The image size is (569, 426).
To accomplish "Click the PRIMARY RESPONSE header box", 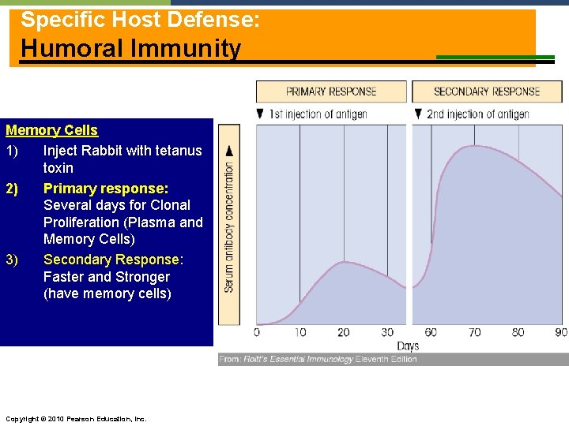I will click(x=330, y=92).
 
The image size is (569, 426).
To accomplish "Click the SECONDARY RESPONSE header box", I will click(x=486, y=92).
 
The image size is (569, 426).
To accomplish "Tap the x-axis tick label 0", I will click(x=257, y=332).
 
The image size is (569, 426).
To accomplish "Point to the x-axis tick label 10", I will click(x=300, y=332).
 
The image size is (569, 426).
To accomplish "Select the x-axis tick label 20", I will click(x=344, y=332).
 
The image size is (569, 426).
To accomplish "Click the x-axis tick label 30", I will click(x=387, y=332).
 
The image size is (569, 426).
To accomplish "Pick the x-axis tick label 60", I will click(x=431, y=332).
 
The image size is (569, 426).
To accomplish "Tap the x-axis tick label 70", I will click(x=474, y=332).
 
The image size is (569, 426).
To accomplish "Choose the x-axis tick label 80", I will click(x=518, y=332).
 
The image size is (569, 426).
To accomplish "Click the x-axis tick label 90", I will click(x=560, y=332).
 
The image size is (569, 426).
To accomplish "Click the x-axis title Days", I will click(x=408, y=346).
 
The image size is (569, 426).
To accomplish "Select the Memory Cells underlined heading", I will click(x=52, y=130).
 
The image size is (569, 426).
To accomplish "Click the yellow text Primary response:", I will click(x=106, y=188).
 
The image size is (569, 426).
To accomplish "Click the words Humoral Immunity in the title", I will click(x=131, y=48).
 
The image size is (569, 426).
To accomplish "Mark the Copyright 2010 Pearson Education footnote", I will click(x=75, y=418).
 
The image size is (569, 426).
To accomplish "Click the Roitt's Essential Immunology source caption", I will click(x=318, y=359).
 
